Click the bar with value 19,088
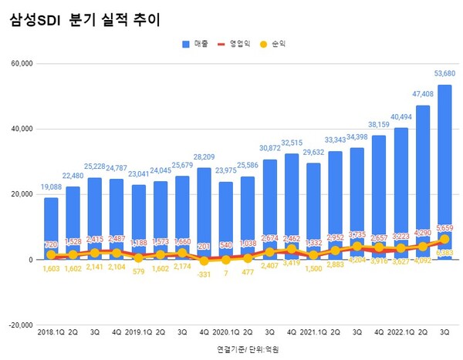click(x=50, y=228)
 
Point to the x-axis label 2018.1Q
click(x=50, y=332)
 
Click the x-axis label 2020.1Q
click(x=229, y=332)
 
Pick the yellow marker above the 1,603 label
click(x=50, y=254)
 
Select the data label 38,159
click(x=378, y=125)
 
